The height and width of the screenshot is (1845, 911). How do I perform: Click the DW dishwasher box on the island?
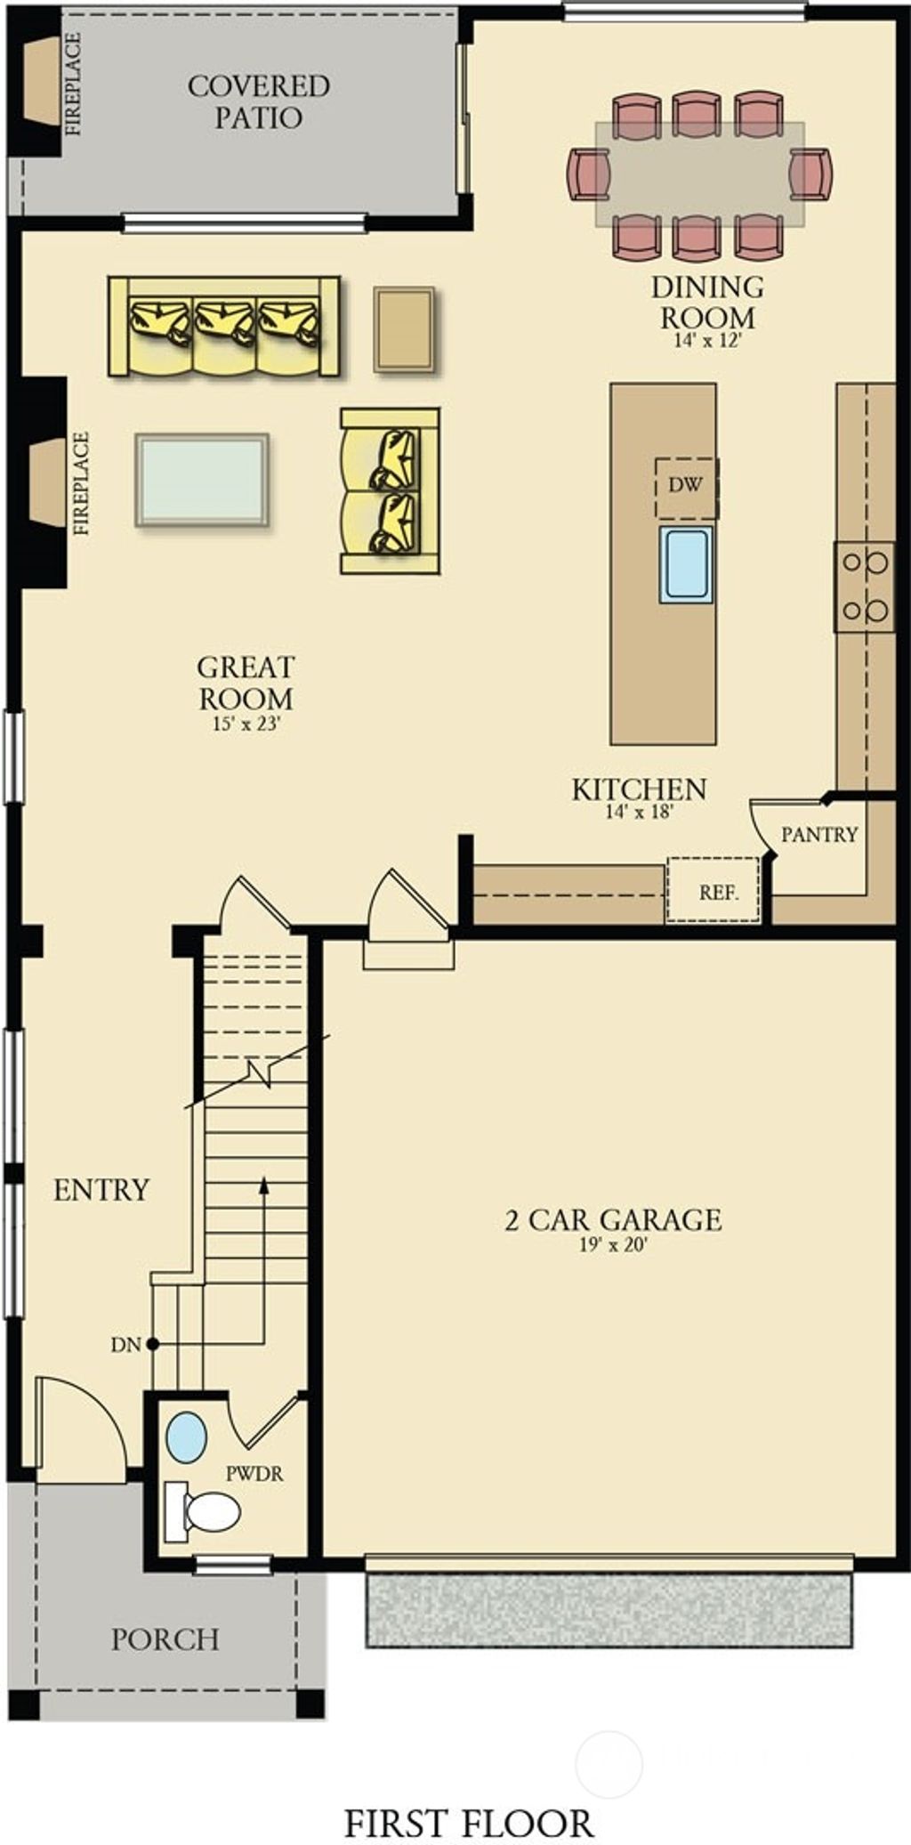(686, 486)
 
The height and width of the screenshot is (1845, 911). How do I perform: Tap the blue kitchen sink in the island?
(686, 564)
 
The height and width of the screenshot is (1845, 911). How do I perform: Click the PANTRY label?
(819, 834)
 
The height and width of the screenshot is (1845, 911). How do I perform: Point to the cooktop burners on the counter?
(865, 587)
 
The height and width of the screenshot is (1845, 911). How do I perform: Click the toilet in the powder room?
(206, 1511)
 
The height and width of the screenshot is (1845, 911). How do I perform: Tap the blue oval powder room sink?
(187, 1437)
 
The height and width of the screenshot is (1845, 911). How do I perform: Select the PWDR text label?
(254, 1474)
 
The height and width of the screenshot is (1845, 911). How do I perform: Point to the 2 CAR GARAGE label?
(613, 1219)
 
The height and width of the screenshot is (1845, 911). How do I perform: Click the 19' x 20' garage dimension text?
(613, 1245)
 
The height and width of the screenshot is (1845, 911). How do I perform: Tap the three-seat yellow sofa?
(224, 326)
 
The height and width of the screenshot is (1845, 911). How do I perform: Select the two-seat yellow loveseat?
(391, 490)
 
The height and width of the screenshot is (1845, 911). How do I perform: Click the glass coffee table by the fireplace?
(202, 480)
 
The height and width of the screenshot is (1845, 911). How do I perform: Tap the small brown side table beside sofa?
(404, 328)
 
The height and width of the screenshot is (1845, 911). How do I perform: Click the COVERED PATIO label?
(259, 101)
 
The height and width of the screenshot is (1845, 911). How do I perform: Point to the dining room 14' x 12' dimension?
(707, 341)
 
